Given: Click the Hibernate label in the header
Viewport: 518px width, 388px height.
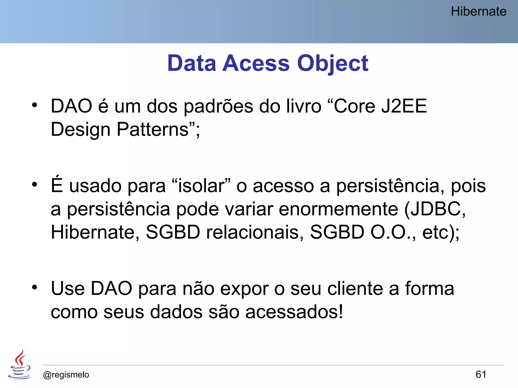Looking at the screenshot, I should (x=479, y=12).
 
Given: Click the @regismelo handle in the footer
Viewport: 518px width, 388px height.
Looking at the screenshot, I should (x=66, y=375).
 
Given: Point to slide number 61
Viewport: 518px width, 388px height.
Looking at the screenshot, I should (x=481, y=374).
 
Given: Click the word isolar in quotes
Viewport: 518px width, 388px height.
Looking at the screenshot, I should (x=201, y=186).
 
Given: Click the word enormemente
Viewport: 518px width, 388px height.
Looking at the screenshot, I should (x=338, y=209).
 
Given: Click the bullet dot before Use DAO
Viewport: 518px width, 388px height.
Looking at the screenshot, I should (x=35, y=287).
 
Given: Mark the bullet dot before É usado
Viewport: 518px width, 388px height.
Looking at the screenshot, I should (x=35, y=185).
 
